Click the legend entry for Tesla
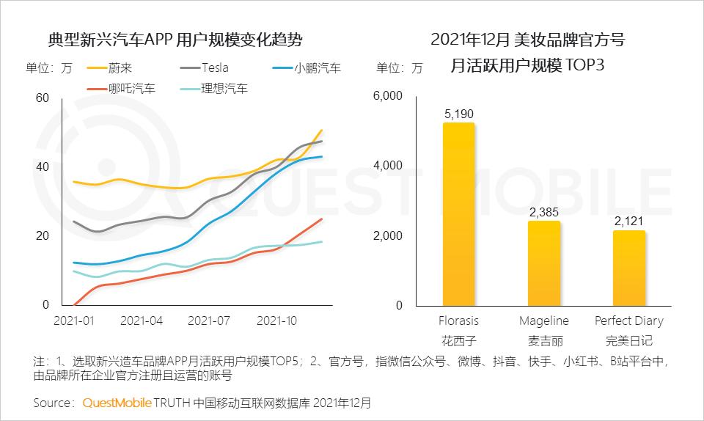[213, 68]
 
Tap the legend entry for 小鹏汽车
[317, 68]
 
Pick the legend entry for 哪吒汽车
[131, 89]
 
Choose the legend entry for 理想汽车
[224, 89]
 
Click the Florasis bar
[458, 213]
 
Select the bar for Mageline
[544, 263]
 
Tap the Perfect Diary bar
[629, 268]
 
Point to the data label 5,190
[458, 114]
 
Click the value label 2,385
[544, 212]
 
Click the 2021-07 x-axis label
[210, 321]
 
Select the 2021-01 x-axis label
[73, 321]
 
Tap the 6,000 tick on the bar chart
[388, 96]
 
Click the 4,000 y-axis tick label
[388, 166]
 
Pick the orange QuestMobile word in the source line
[117, 403]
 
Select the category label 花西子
[458, 340]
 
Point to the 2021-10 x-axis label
[277, 321]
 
